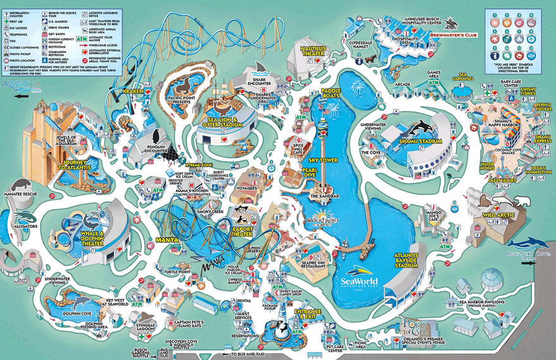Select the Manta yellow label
pyautogui.click(x=168, y=241)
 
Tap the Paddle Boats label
pyautogui.click(x=330, y=95)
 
